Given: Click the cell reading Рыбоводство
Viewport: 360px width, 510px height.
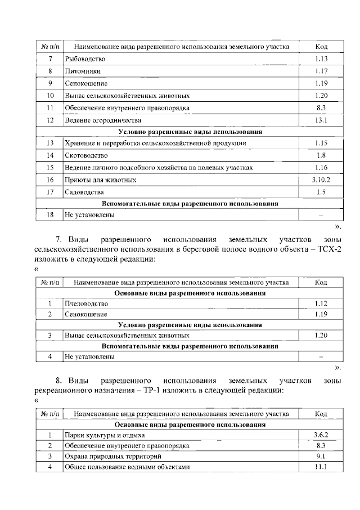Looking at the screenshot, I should point(85,59).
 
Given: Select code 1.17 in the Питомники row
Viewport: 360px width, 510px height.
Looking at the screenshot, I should point(321,71).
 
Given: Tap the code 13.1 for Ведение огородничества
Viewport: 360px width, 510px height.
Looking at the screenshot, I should point(321,120).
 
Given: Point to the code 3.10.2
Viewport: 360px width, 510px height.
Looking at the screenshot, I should point(321,180).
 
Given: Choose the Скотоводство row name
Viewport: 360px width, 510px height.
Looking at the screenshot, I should point(86,155).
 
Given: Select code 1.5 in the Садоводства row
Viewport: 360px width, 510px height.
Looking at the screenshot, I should point(321,192).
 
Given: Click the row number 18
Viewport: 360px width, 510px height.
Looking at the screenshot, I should point(50,214).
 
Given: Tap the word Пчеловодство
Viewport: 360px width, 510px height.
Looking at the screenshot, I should point(86,303).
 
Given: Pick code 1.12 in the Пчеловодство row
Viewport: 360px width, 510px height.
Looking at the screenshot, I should point(321,303).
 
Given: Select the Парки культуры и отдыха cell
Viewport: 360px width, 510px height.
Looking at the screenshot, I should point(105,435).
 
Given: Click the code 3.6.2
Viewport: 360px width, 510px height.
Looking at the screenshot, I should point(321,435).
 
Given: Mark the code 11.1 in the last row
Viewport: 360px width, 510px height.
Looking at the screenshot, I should point(321,467).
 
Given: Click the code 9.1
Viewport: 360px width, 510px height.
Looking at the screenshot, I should point(321,456).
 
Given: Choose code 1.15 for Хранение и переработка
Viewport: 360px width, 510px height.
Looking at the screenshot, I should point(321,143).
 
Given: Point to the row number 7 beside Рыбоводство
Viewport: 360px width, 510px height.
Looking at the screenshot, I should point(50,59).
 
